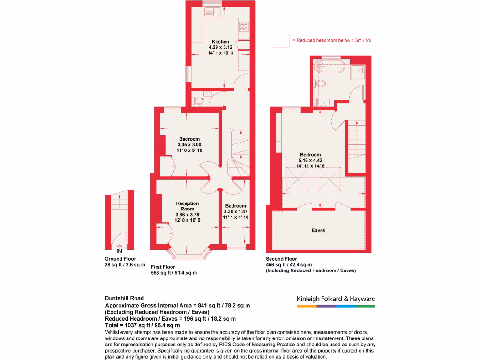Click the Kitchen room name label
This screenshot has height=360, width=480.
click(220, 42)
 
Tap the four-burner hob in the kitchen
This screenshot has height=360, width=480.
click(244, 27)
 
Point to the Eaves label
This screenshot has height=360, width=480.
click(318, 230)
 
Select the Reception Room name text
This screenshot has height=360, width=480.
click(187, 206)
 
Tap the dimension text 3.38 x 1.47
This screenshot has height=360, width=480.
click(235, 211)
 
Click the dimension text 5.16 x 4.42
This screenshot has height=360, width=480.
click(310, 160)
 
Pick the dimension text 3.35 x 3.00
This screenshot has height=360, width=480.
click(189, 145)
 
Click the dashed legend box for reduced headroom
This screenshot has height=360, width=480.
click(279, 41)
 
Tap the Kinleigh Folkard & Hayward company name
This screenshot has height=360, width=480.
click(336, 299)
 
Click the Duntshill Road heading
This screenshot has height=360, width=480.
click(125, 298)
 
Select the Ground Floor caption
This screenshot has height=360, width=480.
click(120, 259)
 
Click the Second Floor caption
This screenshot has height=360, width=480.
click(281, 259)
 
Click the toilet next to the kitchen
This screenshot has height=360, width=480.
click(199, 100)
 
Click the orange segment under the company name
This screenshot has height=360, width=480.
click(307, 306)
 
